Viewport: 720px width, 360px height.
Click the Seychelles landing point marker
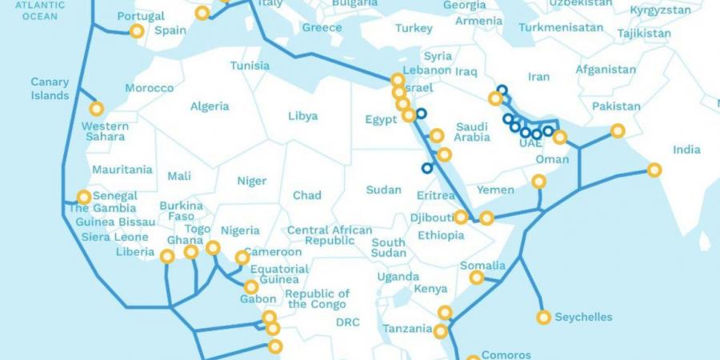coord(544,318)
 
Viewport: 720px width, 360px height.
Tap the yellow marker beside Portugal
coord(137,31)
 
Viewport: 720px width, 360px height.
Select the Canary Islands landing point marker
coord(97,109)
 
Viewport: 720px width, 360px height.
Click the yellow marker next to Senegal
coord(84,197)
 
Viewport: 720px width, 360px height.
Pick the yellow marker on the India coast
coord(654,170)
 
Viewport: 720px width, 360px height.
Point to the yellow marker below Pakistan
coord(618,130)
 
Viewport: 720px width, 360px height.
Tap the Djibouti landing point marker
coord(461,217)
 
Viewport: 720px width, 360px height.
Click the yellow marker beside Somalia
coord(477,278)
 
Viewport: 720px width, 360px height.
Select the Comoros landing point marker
coord(473,359)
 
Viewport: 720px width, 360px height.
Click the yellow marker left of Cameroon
coord(242,258)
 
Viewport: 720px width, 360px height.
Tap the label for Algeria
coord(210,106)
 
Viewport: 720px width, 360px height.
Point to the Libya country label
coord(302,116)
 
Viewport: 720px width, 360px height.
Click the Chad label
coord(307,195)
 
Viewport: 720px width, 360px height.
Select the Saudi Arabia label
coord(472,132)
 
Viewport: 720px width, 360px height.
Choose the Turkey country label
coord(414,29)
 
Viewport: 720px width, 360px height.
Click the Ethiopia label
coord(441,235)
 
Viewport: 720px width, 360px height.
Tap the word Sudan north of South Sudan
coord(383,190)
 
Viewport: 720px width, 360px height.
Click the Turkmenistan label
coord(561,27)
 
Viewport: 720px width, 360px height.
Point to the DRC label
coord(348,322)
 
